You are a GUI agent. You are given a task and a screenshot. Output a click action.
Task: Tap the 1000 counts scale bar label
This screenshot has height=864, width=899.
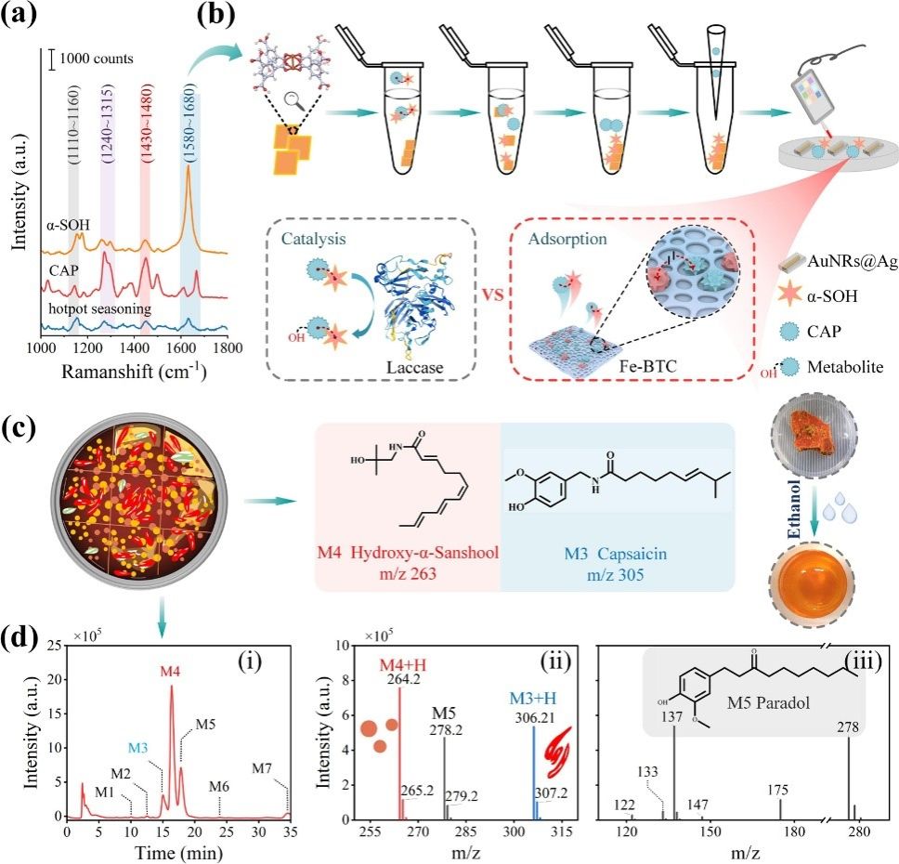[x=96, y=59]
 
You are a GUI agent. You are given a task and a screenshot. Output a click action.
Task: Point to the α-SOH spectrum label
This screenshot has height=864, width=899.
[x=68, y=224]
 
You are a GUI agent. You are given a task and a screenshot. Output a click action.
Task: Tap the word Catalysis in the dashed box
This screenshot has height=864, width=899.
[x=320, y=238]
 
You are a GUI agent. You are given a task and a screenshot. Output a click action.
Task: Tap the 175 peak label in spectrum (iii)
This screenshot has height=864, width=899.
[x=780, y=790]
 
